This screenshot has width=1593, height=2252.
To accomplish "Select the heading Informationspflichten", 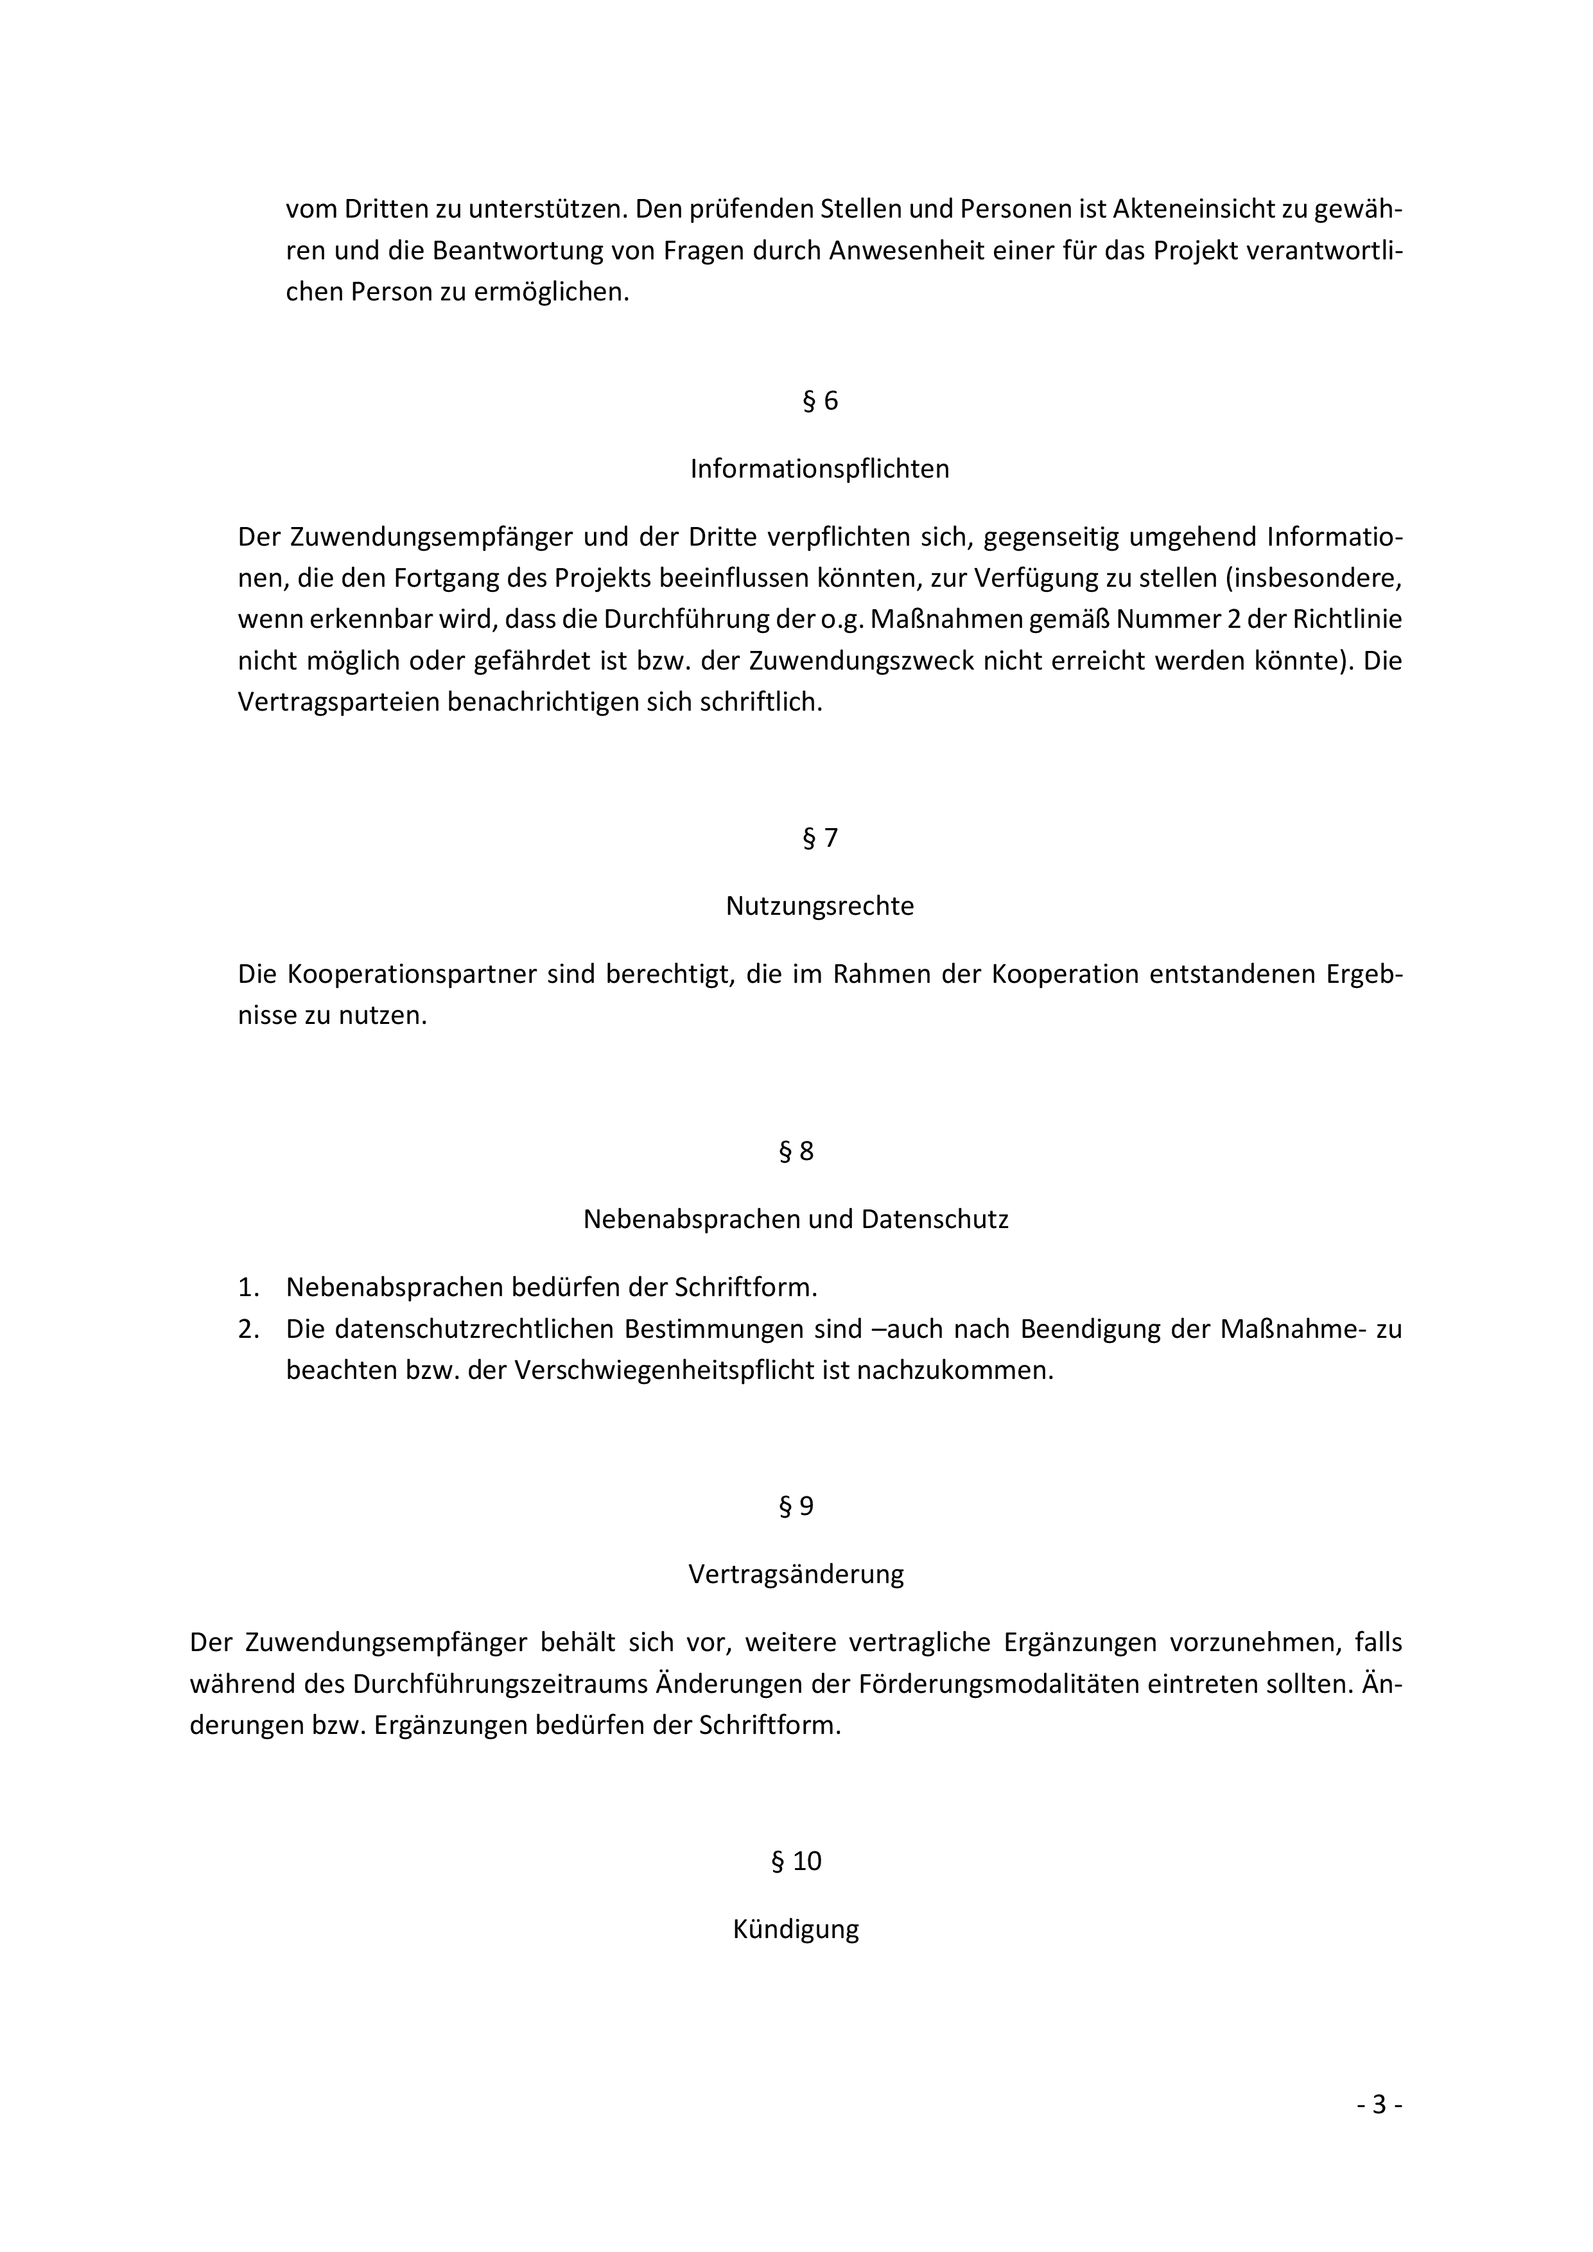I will pyautogui.click(x=819, y=469).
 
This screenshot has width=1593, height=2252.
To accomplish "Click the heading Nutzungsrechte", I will pyautogui.click(x=819, y=906).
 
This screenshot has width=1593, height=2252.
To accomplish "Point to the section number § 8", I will pyautogui.click(x=796, y=1152).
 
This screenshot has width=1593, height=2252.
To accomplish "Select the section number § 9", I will pyautogui.click(x=796, y=1507).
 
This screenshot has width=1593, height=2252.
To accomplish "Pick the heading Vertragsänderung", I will pyautogui.click(x=796, y=1574).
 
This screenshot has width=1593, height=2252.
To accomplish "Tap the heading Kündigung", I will pyautogui.click(x=796, y=1929).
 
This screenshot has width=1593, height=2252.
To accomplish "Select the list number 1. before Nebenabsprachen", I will pyautogui.click(x=248, y=1287).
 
